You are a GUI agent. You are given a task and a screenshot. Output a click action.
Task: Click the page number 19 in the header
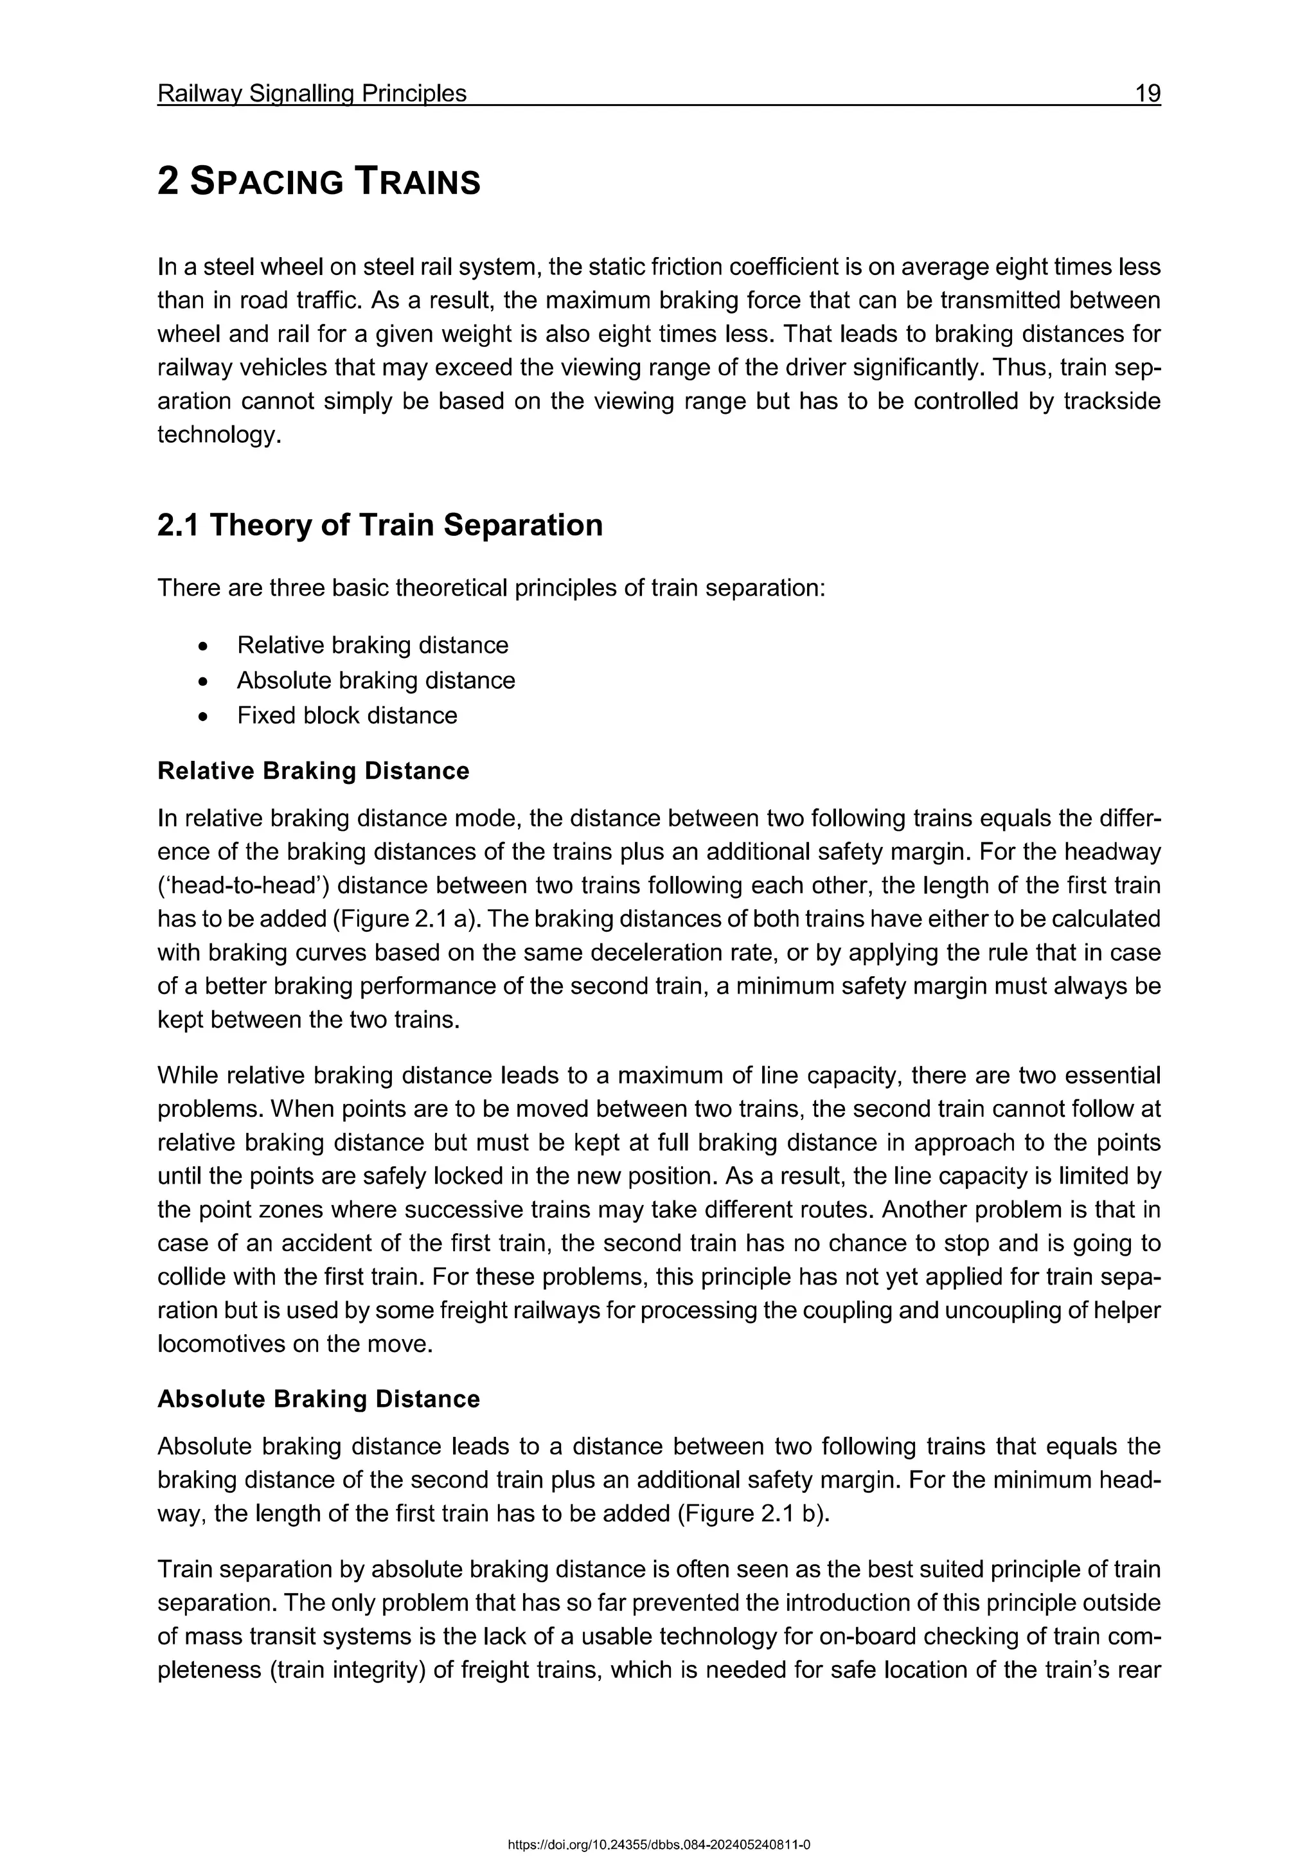[1148, 94]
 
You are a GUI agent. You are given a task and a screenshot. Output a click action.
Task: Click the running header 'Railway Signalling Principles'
[312, 94]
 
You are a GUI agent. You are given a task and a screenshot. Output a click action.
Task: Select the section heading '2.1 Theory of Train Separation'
[379, 525]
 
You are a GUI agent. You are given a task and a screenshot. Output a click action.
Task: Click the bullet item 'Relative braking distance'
[373, 645]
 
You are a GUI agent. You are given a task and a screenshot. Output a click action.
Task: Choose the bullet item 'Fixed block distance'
[347, 716]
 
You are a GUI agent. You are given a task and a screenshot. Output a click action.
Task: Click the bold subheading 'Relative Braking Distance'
[313, 771]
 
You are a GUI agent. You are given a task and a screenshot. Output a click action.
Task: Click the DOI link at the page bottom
[658, 1839]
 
